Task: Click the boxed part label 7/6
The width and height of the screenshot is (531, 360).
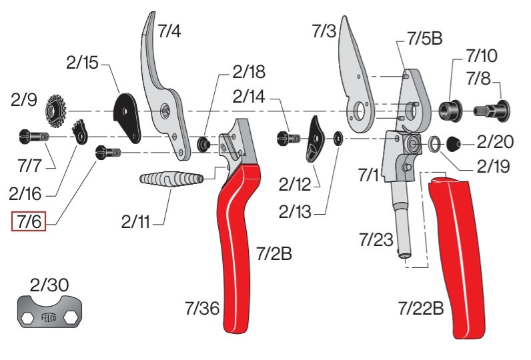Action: (x=29, y=221)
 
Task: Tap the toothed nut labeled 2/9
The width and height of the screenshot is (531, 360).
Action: (x=55, y=111)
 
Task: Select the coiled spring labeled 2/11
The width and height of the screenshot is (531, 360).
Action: (x=171, y=178)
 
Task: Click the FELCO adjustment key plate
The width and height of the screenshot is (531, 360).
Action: (x=49, y=311)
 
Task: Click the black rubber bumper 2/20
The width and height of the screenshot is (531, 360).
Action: (x=454, y=144)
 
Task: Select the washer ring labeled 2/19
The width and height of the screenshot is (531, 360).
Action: (x=434, y=143)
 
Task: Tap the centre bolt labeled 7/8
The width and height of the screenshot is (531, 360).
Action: (x=492, y=110)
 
